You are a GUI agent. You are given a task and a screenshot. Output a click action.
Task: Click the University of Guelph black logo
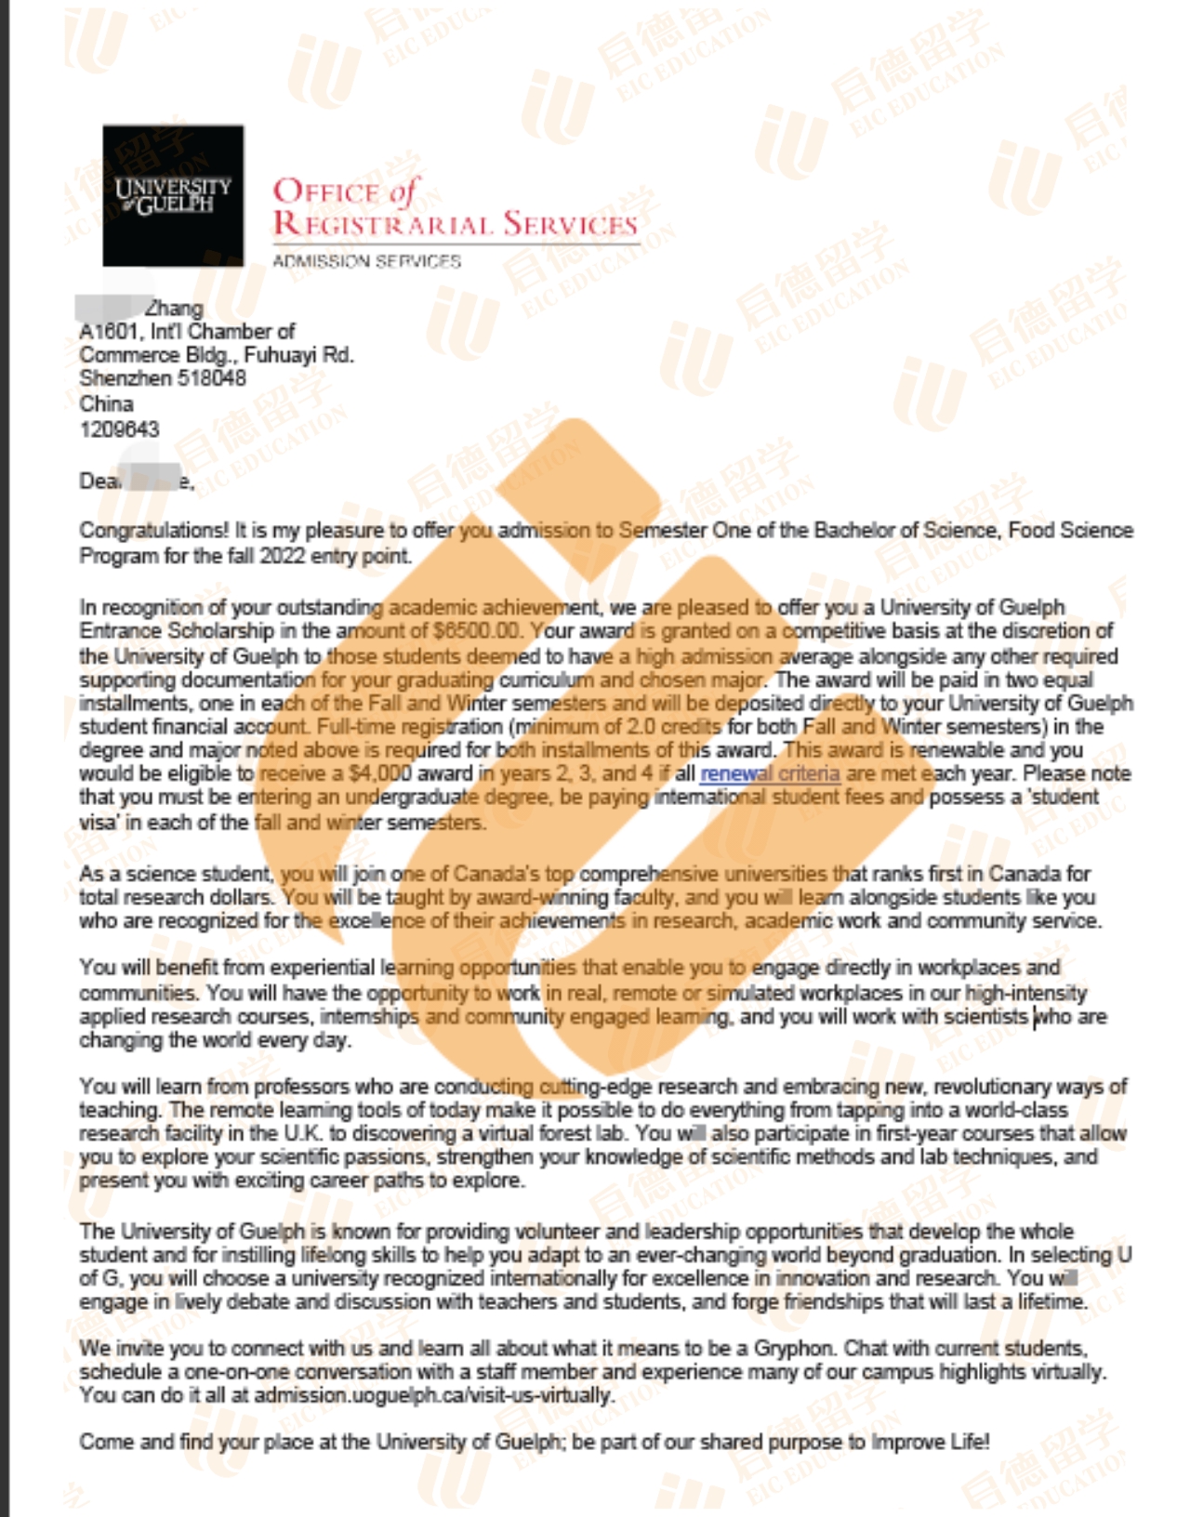[x=173, y=195]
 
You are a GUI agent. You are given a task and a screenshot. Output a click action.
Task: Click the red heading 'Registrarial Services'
[x=455, y=224]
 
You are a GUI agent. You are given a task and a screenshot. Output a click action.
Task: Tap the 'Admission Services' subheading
[x=366, y=261]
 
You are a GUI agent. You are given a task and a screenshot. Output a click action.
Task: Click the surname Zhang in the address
[x=174, y=308]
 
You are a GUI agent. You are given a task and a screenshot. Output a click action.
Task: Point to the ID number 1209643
[x=119, y=429]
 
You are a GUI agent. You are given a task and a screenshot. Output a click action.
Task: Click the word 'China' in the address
[x=106, y=403]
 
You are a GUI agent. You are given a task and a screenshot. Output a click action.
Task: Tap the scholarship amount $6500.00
[x=477, y=630]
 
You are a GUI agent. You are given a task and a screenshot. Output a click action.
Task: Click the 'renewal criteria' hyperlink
[x=770, y=773]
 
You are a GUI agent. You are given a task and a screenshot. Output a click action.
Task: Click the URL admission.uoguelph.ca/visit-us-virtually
[x=434, y=1395]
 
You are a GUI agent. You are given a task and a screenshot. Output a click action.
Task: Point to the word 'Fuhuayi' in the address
[x=278, y=355]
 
